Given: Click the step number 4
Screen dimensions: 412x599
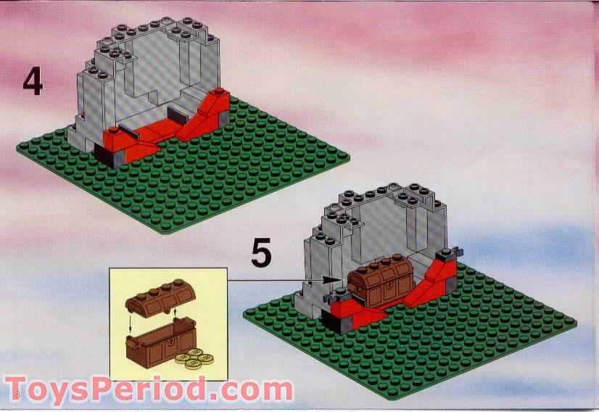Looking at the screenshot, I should (x=32, y=82).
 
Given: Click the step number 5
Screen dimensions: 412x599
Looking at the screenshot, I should (x=261, y=254).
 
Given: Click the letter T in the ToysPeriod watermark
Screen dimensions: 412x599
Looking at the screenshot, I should (x=19, y=390).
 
